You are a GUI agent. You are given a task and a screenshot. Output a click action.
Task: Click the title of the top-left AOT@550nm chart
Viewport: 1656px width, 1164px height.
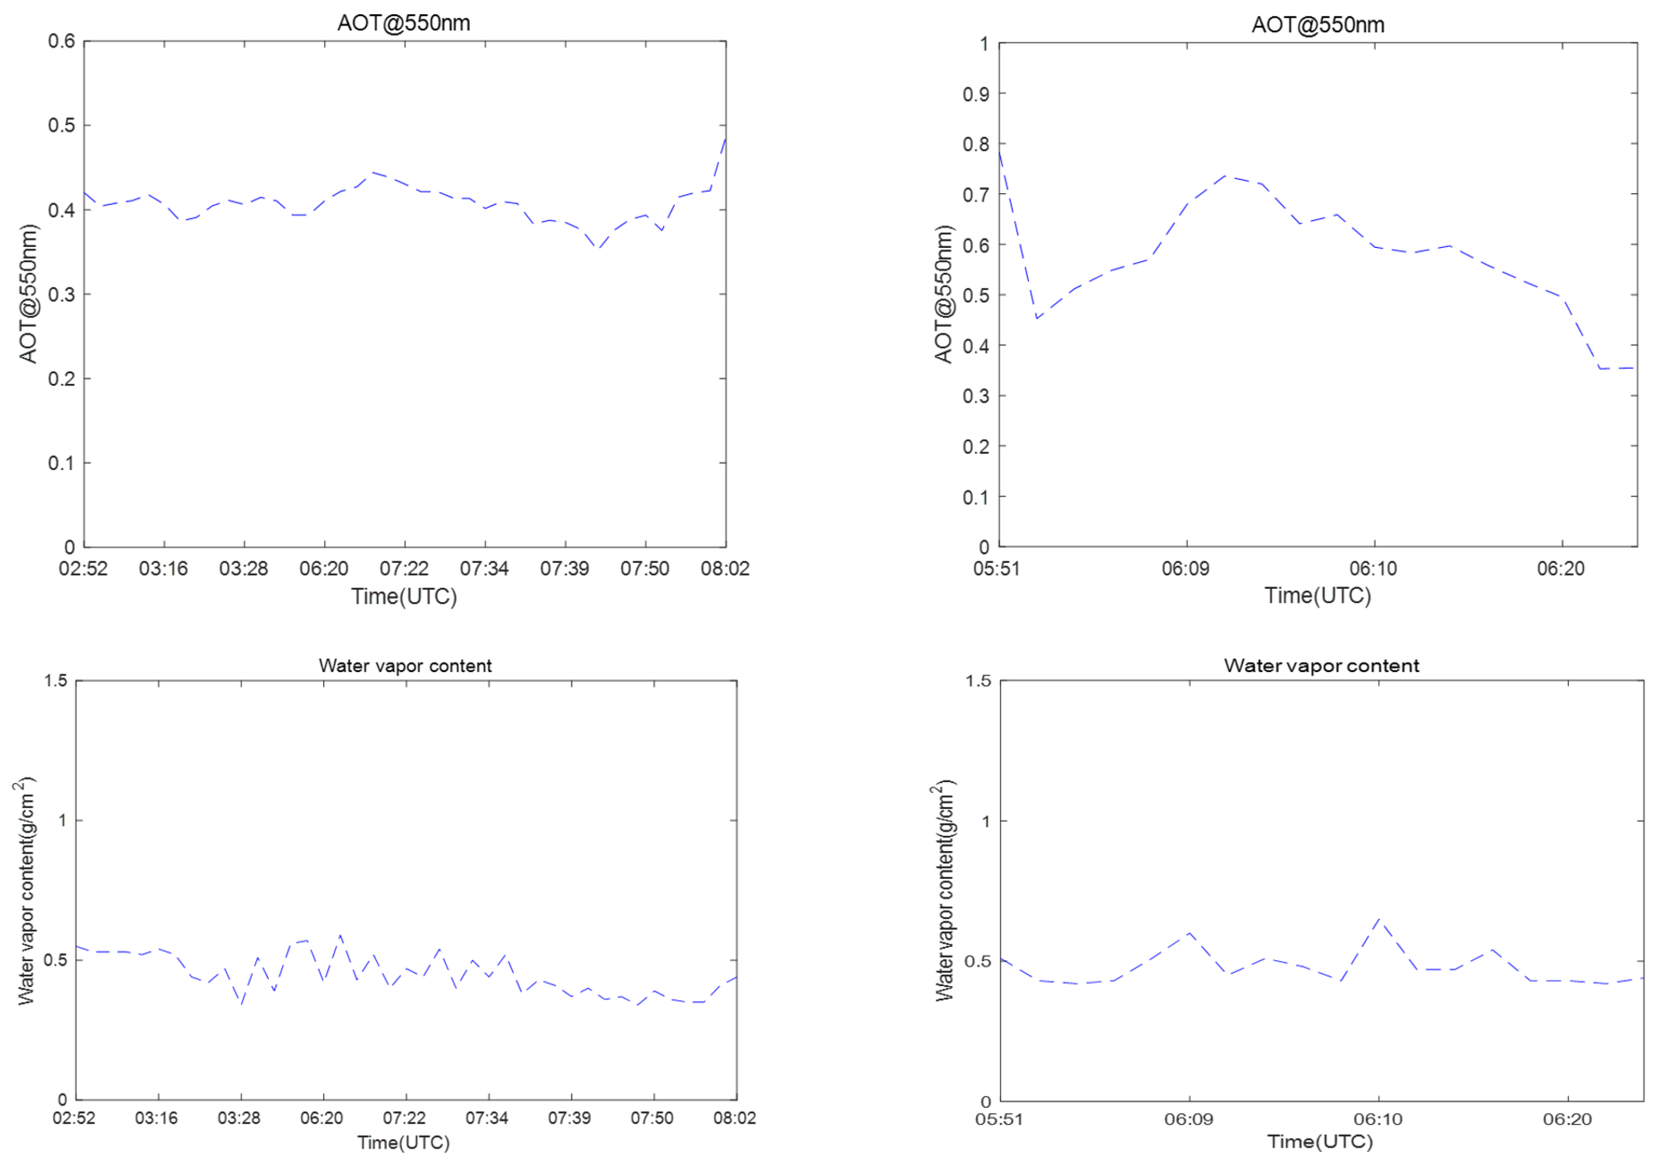coord(404,23)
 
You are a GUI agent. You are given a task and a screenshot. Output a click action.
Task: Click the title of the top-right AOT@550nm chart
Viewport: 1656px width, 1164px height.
coord(1318,25)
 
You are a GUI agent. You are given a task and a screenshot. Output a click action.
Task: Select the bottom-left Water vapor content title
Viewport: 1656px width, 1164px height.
coord(406,666)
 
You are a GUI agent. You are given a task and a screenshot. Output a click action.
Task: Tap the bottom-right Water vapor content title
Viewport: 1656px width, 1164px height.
coord(1321,666)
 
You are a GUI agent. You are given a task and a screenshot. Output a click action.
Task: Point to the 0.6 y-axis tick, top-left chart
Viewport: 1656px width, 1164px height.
coord(61,41)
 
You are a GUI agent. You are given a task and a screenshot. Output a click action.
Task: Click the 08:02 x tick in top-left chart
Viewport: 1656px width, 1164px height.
coord(725,568)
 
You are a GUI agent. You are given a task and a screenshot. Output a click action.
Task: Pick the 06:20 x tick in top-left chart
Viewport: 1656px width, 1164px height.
coord(324,568)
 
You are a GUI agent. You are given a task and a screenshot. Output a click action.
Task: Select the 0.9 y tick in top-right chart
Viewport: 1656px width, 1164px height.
coord(975,94)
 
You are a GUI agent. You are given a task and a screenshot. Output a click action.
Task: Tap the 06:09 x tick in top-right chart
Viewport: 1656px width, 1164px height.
coord(1185,568)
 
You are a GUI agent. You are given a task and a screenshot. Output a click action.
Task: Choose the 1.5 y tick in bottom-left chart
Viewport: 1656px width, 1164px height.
coord(56,680)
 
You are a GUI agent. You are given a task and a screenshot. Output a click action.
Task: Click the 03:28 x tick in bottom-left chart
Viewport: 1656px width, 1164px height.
coord(240,1118)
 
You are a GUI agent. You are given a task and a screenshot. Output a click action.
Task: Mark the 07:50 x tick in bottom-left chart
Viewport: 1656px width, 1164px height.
coord(652,1118)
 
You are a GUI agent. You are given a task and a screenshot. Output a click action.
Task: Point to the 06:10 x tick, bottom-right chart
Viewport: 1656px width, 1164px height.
coord(1377,1119)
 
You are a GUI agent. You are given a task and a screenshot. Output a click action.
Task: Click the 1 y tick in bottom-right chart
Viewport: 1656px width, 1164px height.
coord(985,820)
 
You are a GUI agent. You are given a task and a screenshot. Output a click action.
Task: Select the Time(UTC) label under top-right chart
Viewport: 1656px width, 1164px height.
coord(1318,596)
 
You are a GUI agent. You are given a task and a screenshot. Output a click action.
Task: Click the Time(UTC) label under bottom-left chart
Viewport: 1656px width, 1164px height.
coord(404,1143)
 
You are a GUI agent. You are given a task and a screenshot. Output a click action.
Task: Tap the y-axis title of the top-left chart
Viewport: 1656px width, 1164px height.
coord(28,294)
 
